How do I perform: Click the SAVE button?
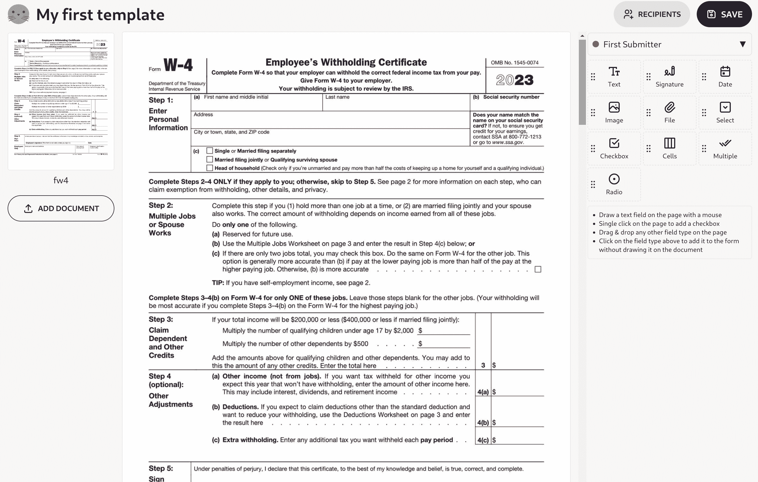(x=724, y=14)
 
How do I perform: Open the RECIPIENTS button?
(x=652, y=14)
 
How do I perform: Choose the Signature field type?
(x=669, y=77)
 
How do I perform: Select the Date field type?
(x=725, y=77)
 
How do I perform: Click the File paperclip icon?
(x=670, y=107)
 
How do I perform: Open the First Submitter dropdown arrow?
(x=742, y=44)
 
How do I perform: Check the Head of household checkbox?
(x=210, y=168)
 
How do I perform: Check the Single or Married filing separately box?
(x=210, y=151)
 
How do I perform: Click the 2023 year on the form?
(x=515, y=80)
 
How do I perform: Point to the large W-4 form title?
(x=178, y=65)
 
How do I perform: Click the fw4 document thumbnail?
(x=61, y=101)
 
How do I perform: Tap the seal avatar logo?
(x=19, y=14)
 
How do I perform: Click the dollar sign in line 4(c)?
(x=494, y=440)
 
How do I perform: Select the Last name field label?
(x=337, y=97)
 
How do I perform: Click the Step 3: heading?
(x=161, y=319)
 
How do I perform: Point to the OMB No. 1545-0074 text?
(x=515, y=63)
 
